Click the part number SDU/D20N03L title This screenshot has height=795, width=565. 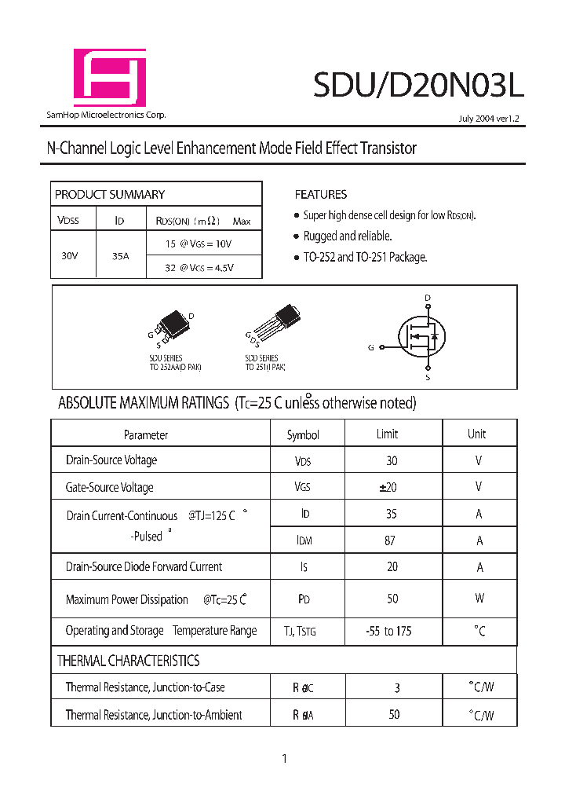[x=417, y=84]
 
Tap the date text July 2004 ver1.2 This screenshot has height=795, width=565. [x=490, y=119]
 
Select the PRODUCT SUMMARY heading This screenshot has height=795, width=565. [x=110, y=194]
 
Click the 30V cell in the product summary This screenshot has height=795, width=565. [x=70, y=255]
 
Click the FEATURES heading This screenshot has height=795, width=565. [x=320, y=194]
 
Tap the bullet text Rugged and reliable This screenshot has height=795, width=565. [x=348, y=236]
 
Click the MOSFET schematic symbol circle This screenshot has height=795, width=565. [x=422, y=338]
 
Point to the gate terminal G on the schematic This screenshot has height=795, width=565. [x=371, y=346]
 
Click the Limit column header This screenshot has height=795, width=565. [x=387, y=434]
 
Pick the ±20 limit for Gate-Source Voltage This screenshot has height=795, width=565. [x=388, y=487]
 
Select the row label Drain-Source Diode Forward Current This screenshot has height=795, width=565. [x=144, y=566]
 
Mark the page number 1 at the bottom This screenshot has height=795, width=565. [x=284, y=758]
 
